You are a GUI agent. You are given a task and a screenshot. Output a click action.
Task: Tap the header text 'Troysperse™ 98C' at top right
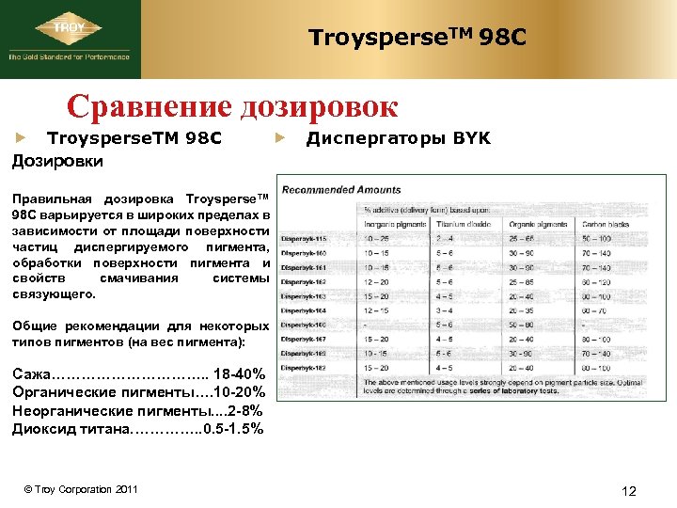417,39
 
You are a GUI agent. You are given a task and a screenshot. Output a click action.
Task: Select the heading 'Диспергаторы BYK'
399,138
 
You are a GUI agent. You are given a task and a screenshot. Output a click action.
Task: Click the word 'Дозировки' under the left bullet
56,161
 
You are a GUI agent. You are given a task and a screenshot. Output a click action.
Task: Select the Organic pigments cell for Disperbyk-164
522,310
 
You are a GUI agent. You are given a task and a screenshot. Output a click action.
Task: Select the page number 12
629,491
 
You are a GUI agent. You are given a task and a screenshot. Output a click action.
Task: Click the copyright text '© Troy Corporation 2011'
81,489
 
